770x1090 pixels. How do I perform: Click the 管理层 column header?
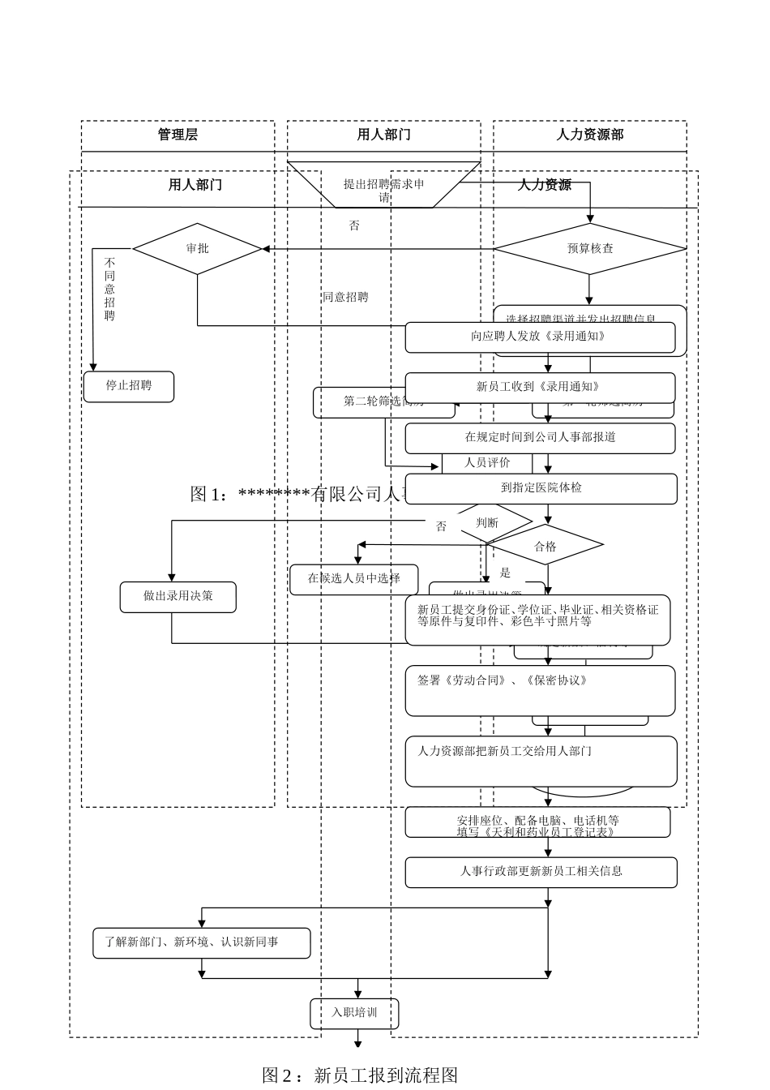click(178, 135)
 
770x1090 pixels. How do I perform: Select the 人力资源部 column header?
click(589, 135)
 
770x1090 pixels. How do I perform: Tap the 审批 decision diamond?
click(197, 248)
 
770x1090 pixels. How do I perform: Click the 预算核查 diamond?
click(589, 248)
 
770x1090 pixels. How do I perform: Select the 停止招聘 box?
click(129, 386)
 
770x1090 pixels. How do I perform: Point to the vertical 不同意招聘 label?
click(109, 290)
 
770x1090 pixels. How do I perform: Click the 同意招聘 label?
click(345, 298)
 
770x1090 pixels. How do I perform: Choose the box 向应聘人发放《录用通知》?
click(540, 337)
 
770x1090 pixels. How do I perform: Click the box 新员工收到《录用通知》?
click(540, 388)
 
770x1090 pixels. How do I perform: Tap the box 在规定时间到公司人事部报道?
click(540, 438)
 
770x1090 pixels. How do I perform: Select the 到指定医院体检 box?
click(541, 488)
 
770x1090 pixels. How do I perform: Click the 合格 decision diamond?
click(545, 546)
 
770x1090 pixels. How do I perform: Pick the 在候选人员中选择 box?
click(354, 579)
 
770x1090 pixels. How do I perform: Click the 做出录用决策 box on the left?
click(178, 596)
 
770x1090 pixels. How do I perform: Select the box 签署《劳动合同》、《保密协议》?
click(540, 690)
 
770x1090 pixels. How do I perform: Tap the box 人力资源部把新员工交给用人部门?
click(541, 761)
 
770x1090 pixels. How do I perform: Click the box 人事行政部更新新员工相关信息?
click(541, 872)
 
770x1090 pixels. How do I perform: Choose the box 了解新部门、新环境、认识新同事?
click(201, 942)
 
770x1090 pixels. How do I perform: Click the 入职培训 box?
click(354, 1013)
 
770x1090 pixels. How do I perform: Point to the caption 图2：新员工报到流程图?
click(361, 1075)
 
